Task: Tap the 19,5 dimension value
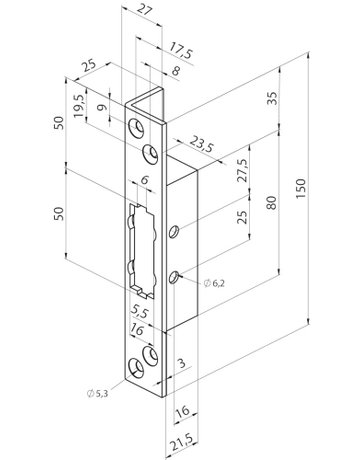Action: [x=79, y=105]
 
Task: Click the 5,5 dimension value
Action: [x=140, y=310]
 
